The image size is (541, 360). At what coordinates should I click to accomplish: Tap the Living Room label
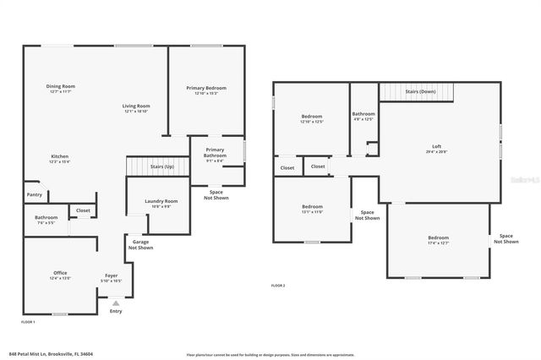click(136, 106)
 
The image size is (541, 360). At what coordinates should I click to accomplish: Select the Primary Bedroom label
click(205, 88)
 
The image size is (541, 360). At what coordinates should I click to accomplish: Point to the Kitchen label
click(59, 156)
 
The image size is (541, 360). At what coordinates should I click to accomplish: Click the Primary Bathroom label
click(215, 153)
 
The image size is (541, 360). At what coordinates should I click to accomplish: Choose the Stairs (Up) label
click(162, 166)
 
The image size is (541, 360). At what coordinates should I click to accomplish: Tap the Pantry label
click(34, 194)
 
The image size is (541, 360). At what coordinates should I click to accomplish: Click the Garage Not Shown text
click(140, 245)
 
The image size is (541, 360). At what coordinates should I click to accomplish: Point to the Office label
click(60, 273)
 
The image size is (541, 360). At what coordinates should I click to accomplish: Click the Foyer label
click(112, 275)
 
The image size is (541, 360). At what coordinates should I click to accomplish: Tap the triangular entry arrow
click(116, 302)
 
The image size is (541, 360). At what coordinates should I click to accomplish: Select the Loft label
click(436, 146)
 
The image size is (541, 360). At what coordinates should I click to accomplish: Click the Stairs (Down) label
click(420, 91)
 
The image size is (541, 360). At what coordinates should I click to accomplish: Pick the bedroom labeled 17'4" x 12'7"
click(437, 238)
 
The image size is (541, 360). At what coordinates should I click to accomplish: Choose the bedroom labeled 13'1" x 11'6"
click(312, 207)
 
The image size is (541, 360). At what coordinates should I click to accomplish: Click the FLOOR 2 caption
click(278, 286)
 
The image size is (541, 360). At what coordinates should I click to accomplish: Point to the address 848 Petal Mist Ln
click(50, 355)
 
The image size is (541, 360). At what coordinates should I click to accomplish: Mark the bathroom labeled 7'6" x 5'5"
click(46, 218)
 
